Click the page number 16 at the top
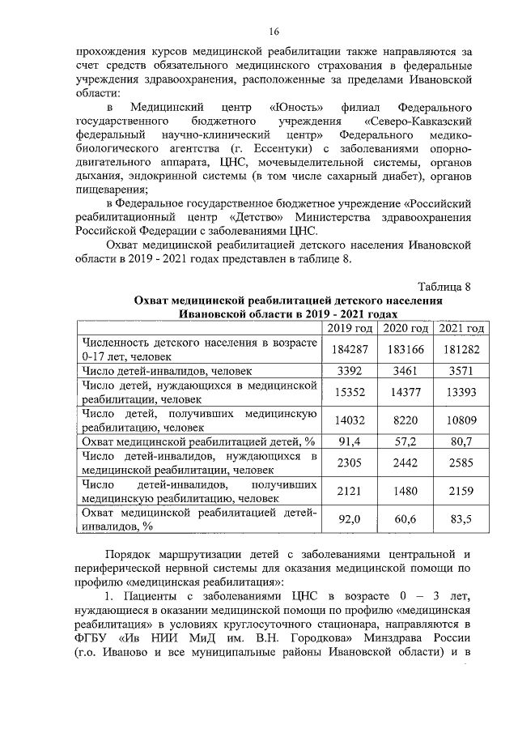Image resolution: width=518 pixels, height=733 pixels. tap(274, 32)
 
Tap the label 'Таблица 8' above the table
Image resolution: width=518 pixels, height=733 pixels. tap(444, 288)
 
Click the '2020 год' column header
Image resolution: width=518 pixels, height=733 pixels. tap(405, 328)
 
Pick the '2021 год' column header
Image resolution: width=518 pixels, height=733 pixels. tap(461, 328)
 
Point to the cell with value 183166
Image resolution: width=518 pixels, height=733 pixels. tap(405, 349)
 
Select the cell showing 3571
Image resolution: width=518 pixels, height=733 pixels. tap(461, 371)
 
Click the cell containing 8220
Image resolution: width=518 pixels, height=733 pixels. tap(405, 421)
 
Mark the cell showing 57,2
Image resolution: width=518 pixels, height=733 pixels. tap(405, 442)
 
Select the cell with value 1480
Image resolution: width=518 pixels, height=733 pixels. tap(405, 492)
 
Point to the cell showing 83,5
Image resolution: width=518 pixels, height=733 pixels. tap(461, 520)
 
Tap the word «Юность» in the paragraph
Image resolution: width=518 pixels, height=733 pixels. tap(296, 108)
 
